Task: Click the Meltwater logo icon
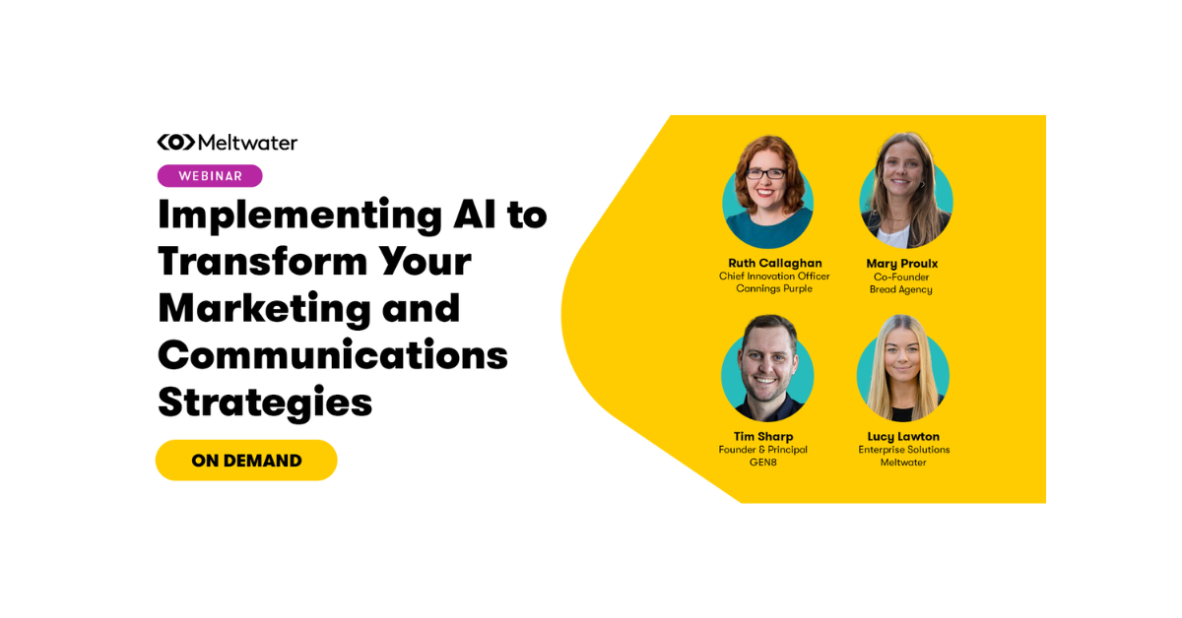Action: (175, 143)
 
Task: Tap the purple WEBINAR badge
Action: (210, 176)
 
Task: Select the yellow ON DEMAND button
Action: (246, 461)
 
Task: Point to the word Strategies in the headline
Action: (265, 402)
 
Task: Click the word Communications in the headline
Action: (333, 354)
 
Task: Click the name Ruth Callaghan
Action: (774, 264)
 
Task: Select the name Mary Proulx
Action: (900, 264)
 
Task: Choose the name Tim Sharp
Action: (762, 437)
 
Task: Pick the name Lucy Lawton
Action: (903, 437)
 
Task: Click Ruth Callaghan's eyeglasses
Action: (766, 173)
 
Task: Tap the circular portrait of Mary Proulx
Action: (905, 193)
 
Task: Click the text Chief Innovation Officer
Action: (774, 277)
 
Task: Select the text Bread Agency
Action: (900, 289)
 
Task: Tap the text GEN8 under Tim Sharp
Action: (762, 463)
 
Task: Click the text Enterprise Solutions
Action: (903, 450)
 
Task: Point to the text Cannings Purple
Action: (774, 289)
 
